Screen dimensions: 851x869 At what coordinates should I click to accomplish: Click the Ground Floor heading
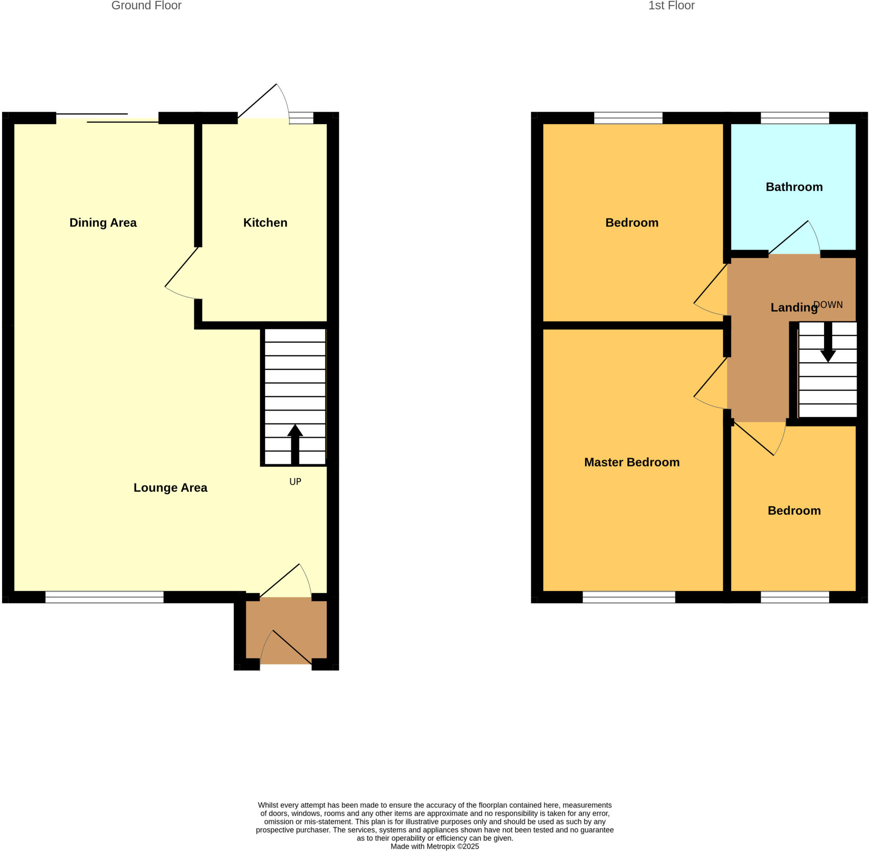tap(146, 6)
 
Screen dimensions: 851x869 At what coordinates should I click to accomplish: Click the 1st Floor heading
tap(671, 6)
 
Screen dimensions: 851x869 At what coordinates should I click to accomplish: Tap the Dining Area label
tap(103, 223)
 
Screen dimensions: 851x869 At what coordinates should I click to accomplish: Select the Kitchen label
tap(265, 223)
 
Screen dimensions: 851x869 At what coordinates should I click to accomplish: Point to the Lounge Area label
tap(170, 488)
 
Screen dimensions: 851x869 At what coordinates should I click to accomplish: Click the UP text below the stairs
tap(295, 482)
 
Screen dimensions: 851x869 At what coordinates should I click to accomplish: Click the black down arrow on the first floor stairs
tap(828, 342)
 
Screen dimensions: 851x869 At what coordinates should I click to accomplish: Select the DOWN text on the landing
tap(828, 305)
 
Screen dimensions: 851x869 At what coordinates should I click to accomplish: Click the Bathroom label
tap(794, 187)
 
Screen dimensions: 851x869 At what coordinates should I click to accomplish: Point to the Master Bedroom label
tap(631, 462)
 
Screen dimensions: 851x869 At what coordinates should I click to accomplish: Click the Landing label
tap(794, 307)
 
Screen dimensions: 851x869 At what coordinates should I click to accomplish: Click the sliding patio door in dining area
tap(107, 118)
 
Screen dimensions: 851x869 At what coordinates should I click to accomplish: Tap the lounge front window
tap(104, 597)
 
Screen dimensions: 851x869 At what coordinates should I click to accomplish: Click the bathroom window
tap(795, 118)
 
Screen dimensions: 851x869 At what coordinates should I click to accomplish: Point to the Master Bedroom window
tap(628, 597)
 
